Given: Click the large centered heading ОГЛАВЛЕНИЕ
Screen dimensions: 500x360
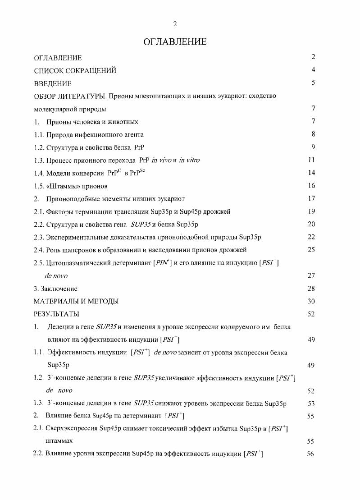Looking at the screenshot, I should [175, 42].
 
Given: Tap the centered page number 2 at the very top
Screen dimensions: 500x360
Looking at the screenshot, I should [175, 24].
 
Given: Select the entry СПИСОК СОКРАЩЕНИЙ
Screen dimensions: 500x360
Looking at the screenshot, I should [75, 70].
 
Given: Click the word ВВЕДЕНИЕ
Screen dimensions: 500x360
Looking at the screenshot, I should [53, 83].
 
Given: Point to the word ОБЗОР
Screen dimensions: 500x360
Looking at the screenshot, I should [46, 96].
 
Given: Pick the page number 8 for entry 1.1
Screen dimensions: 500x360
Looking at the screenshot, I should [313, 134].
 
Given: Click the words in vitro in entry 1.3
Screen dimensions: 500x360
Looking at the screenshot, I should [189, 160].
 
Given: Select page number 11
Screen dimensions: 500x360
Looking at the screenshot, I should [311, 160].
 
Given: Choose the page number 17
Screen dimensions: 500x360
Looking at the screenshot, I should [311, 198].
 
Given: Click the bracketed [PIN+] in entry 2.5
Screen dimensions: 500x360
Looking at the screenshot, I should [163, 263].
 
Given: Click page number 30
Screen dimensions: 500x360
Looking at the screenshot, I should [311, 301].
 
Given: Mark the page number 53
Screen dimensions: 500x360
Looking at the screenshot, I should [311, 404].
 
